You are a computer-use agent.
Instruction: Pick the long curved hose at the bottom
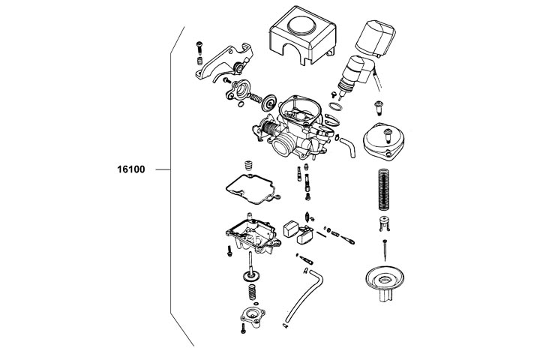coord(304,297)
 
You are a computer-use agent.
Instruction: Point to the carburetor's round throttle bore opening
coord(286,144)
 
